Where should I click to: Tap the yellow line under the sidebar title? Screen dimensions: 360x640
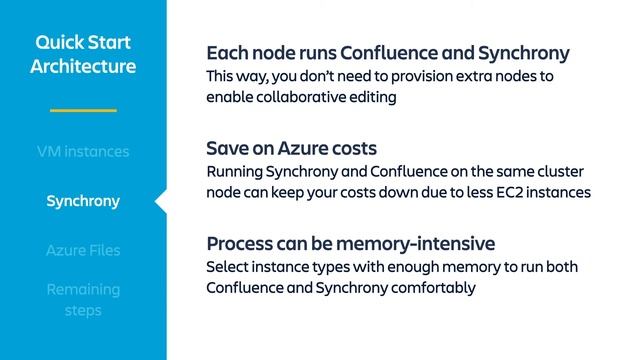[x=83, y=109]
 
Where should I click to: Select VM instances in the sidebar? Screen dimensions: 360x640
[x=83, y=152]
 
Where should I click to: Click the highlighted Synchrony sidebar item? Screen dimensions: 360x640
[x=83, y=201]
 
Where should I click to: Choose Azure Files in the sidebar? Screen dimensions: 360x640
[x=83, y=250]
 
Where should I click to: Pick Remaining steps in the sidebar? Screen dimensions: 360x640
[x=83, y=299]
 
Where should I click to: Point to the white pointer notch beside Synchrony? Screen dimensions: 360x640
[x=160, y=201]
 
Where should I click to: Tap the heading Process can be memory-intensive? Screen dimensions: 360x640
[x=350, y=244]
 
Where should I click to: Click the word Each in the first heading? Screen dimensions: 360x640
[x=226, y=53]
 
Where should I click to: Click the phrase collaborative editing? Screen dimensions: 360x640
[x=326, y=97]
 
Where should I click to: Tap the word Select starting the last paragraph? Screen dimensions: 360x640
[x=228, y=267]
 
